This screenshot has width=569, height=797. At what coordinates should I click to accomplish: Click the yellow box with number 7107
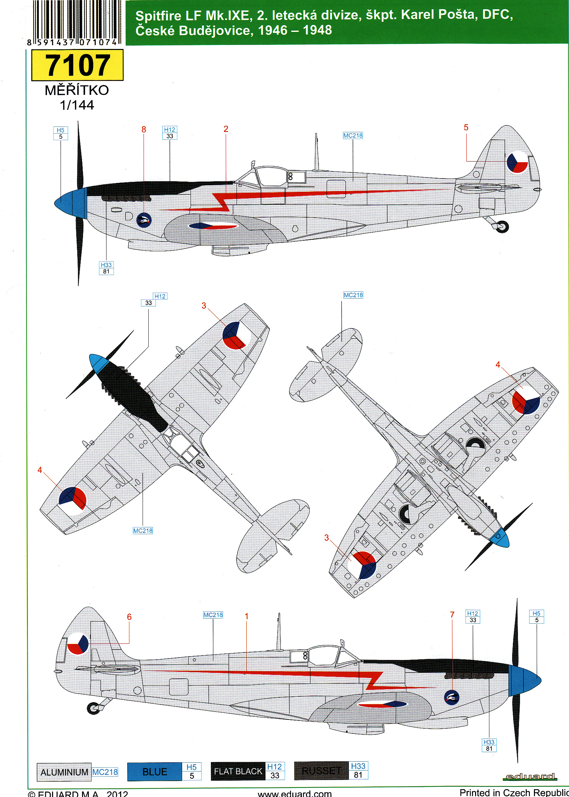click(78, 65)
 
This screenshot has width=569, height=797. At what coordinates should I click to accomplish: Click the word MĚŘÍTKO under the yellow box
click(77, 90)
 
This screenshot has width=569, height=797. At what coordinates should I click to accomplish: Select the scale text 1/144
click(77, 105)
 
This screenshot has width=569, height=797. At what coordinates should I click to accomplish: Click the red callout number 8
click(144, 130)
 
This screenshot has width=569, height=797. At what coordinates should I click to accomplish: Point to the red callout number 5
click(466, 128)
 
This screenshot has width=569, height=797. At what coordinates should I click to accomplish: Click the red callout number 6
click(129, 617)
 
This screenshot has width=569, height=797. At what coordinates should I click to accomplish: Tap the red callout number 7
click(452, 615)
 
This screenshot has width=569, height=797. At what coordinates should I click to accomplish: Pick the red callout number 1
click(247, 616)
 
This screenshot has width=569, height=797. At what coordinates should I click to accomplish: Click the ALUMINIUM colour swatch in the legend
click(64, 772)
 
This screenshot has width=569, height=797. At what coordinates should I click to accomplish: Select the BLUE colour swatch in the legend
click(155, 772)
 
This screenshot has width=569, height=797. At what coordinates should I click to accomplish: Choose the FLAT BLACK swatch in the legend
click(238, 771)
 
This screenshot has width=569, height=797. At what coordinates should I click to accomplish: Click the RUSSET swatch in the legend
click(321, 771)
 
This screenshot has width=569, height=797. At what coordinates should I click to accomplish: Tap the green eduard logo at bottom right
click(530, 777)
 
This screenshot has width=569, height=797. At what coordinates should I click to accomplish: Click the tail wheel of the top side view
click(502, 226)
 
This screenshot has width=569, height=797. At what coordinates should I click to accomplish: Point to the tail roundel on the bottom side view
click(78, 643)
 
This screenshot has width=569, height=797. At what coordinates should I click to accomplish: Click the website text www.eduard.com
click(294, 793)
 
